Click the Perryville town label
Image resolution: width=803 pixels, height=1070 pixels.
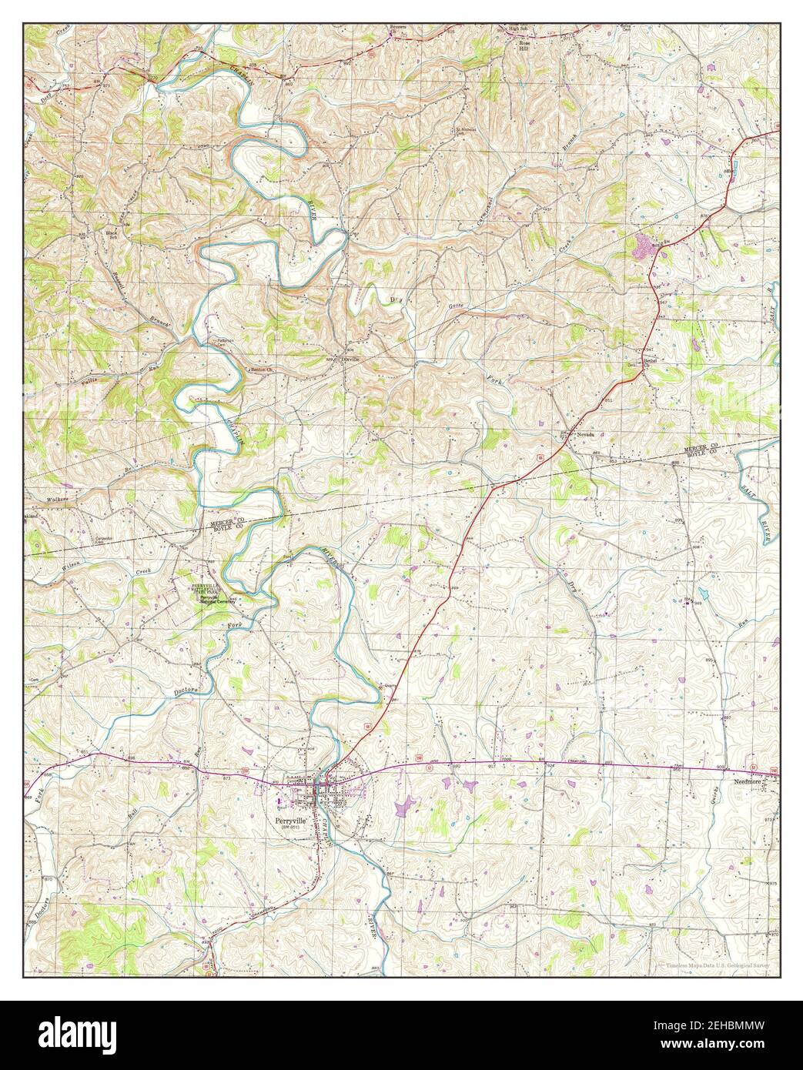pos(292,821)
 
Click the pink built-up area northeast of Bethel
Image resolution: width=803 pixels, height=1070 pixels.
pos(641,247)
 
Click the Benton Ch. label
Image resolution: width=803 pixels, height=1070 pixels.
pos(263,369)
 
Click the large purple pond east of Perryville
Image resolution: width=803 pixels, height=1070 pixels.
pos(402,807)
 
